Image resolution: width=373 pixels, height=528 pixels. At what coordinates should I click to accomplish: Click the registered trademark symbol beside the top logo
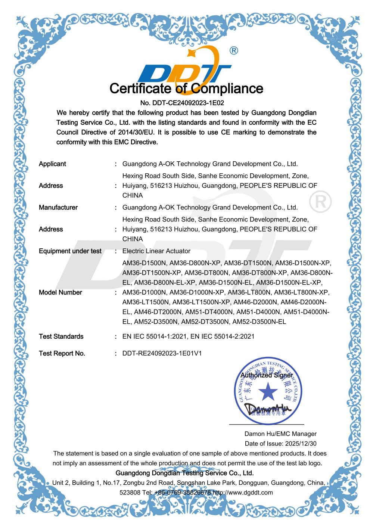[x=234, y=50]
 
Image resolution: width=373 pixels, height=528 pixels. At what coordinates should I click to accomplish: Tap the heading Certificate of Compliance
[x=186, y=88]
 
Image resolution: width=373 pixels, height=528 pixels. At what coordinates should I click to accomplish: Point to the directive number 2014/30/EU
[x=136, y=132]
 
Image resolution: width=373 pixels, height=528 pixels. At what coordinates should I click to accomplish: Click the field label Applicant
[x=52, y=164]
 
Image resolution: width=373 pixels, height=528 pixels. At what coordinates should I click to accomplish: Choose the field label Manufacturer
[x=58, y=207]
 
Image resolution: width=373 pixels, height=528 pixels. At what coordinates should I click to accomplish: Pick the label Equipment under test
[x=70, y=251]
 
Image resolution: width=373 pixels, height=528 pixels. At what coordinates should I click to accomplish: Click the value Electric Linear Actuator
[x=156, y=251]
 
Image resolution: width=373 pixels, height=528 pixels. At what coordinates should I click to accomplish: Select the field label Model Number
[x=60, y=292]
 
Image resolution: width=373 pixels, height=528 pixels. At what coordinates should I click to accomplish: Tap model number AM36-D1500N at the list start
[x=144, y=263]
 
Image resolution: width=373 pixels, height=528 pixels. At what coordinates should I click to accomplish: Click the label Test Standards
[x=61, y=336]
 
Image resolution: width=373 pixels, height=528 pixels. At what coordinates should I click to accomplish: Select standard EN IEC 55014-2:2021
[x=223, y=336]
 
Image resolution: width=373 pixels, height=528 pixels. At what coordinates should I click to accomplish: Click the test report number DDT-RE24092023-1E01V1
[x=162, y=353]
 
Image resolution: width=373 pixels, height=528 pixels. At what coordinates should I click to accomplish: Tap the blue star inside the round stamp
[x=268, y=392]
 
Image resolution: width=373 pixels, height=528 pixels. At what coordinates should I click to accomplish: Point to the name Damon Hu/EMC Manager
[x=280, y=434]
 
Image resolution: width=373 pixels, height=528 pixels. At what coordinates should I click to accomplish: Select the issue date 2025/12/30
[x=301, y=444]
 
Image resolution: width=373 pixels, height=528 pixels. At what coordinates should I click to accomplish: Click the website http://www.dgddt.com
[x=243, y=493]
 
